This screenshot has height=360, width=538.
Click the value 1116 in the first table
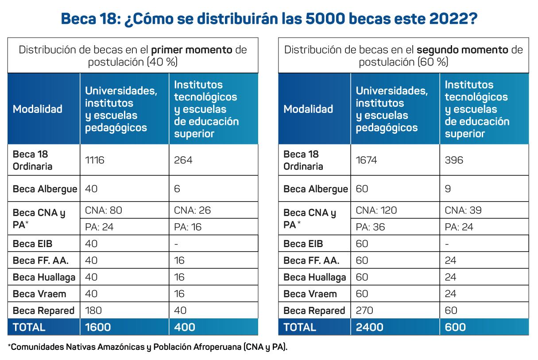coord(95,160)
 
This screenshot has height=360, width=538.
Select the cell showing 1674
coord(366,160)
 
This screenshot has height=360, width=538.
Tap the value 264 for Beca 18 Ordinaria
coord(183,160)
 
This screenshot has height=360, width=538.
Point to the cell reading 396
coord(454,160)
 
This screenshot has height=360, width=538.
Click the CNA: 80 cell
coord(103,210)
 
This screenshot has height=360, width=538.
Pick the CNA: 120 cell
coord(376,210)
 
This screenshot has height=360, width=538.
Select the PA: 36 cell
coord(370,227)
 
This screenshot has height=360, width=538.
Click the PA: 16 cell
coord(188,227)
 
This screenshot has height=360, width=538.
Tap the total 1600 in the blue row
coord(98,327)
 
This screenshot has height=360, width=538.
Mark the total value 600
coord(455,327)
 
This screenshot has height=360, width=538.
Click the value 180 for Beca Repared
coord(93,310)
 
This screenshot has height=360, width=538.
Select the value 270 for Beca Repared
coord(365,310)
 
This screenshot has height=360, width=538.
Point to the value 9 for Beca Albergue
coord(447,189)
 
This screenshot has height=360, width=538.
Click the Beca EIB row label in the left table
coord(33,244)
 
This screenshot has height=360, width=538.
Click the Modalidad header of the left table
coord(37,109)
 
